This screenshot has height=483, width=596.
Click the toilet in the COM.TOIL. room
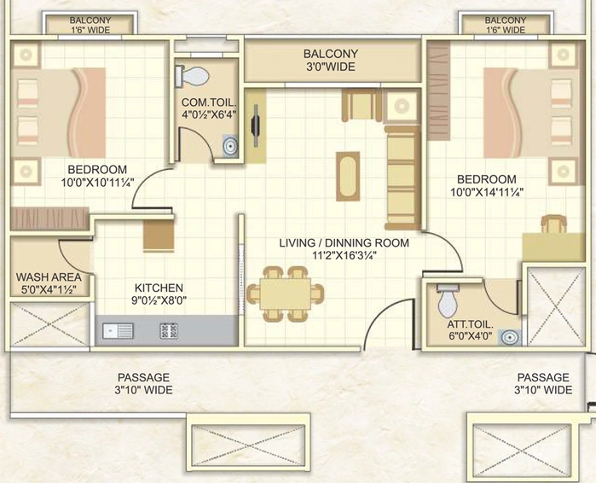[x=192, y=76]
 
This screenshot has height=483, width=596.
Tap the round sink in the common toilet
[x=230, y=145]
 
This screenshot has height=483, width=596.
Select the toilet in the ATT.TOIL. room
[x=448, y=300]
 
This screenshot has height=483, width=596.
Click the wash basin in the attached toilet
[x=510, y=337]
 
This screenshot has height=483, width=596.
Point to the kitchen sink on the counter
[x=118, y=331]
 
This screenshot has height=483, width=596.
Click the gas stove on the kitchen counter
[x=169, y=331]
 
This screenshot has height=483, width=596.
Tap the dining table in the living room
[x=285, y=294]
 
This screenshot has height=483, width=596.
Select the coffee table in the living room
[x=348, y=176]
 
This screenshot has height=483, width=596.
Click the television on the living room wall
[x=256, y=125]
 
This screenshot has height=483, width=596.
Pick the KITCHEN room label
[x=159, y=288]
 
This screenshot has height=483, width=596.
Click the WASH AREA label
[x=49, y=276]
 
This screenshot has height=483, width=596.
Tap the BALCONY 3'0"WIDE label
[x=331, y=60]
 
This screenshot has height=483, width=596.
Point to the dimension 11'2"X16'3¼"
[x=344, y=255]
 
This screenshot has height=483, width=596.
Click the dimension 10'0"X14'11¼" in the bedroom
[x=487, y=193]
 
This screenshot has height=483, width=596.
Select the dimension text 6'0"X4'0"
[x=470, y=336]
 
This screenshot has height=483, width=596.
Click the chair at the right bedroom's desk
[x=554, y=224]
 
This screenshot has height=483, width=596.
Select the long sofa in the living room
[x=403, y=177]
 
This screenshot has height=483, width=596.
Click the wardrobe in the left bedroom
[x=49, y=218]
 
